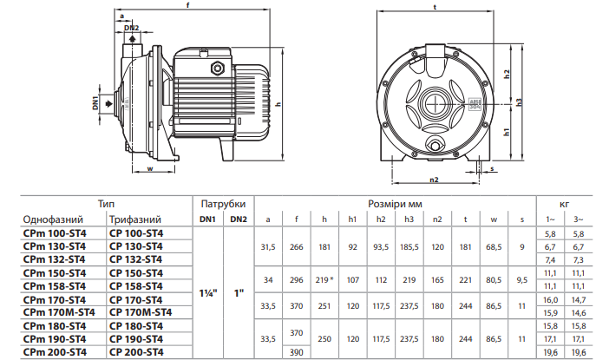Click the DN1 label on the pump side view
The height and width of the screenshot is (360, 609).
pyautogui.click(x=95, y=103)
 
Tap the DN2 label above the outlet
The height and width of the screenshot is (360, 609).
pyautogui.click(x=131, y=28)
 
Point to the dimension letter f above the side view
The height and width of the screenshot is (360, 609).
pyautogui.click(x=188, y=5)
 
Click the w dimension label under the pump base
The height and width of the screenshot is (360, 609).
pyautogui.click(x=150, y=168)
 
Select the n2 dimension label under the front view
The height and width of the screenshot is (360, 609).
pyautogui.click(x=434, y=180)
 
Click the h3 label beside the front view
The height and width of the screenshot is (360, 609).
pyautogui.click(x=520, y=102)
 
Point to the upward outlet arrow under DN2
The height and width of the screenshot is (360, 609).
pyautogui.click(x=133, y=38)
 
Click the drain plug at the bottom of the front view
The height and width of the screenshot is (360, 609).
pyautogui.click(x=435, y=146)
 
